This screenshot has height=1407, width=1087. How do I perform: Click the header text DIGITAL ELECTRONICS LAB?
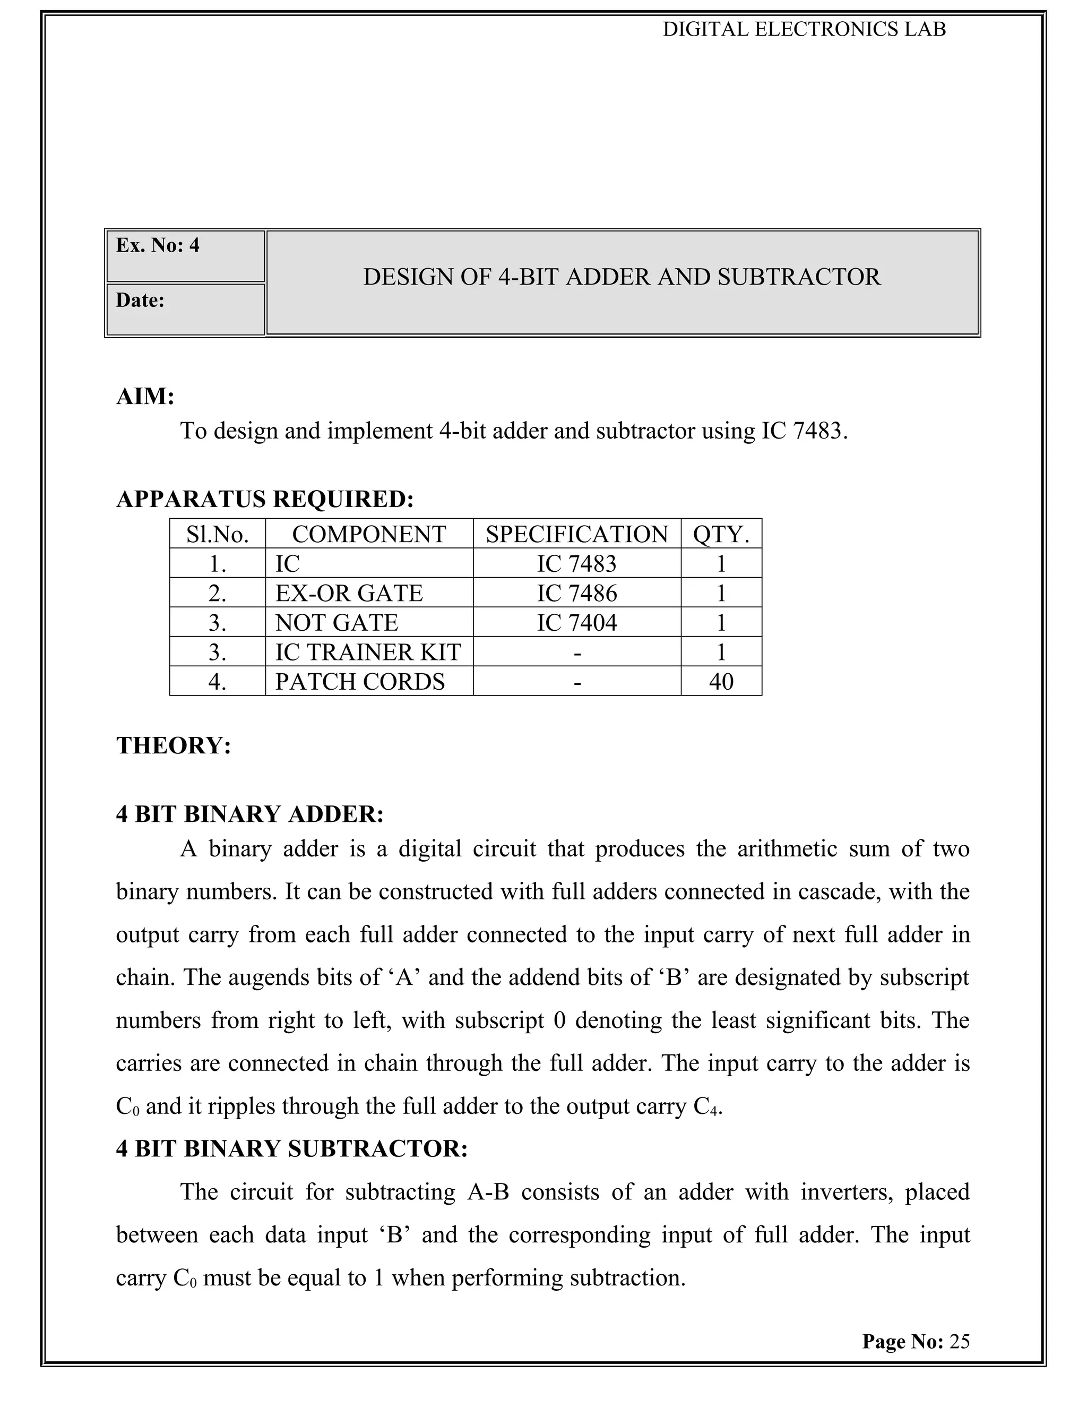coord(804,30)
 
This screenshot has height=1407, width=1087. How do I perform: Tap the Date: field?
coord(185,309)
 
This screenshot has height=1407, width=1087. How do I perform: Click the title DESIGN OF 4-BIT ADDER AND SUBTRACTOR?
coord(622,277)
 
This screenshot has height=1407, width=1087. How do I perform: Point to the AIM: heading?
coord(145,396)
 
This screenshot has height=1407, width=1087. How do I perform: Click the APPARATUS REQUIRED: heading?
coord(265,499)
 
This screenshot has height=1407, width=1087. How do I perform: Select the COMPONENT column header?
coord(368,534)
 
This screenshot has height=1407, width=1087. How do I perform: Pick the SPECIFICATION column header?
coord(576,534)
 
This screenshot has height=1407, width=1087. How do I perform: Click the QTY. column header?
coord(721,534)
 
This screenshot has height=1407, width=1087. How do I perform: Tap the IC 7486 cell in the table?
coord(576,593)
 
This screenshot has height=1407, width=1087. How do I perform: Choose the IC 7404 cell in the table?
coord(576,622)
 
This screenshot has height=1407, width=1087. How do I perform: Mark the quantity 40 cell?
coord(721,682)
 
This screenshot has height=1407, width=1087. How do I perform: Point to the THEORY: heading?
coord(173,745)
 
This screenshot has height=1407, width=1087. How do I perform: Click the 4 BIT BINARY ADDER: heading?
coord(250,814)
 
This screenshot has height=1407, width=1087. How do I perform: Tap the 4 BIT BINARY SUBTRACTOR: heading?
coord(292,1148)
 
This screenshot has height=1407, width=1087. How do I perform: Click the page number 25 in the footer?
coord(959,1341)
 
